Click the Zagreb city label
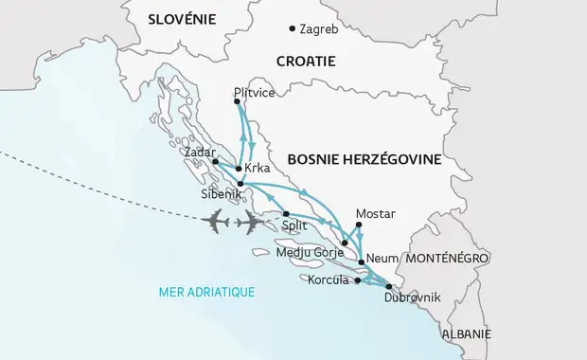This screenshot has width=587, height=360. coord(318,29)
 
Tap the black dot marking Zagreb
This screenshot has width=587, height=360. coord(292,28)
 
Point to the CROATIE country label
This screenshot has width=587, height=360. coord(306,61)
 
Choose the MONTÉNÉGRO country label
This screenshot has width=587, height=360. coord(446,258)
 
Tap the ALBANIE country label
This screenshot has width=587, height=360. coord(468,334)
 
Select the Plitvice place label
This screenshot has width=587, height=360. coord(253,94)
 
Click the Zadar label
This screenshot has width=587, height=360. coord(202,152)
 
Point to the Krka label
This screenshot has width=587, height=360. coord(258,169)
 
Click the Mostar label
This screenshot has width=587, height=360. coord(374,213)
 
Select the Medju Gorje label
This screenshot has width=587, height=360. coord(305,253)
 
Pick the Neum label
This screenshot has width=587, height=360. coord(382,258)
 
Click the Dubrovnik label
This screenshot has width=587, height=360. coord(413,298)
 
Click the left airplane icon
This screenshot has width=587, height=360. coord(215,222)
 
